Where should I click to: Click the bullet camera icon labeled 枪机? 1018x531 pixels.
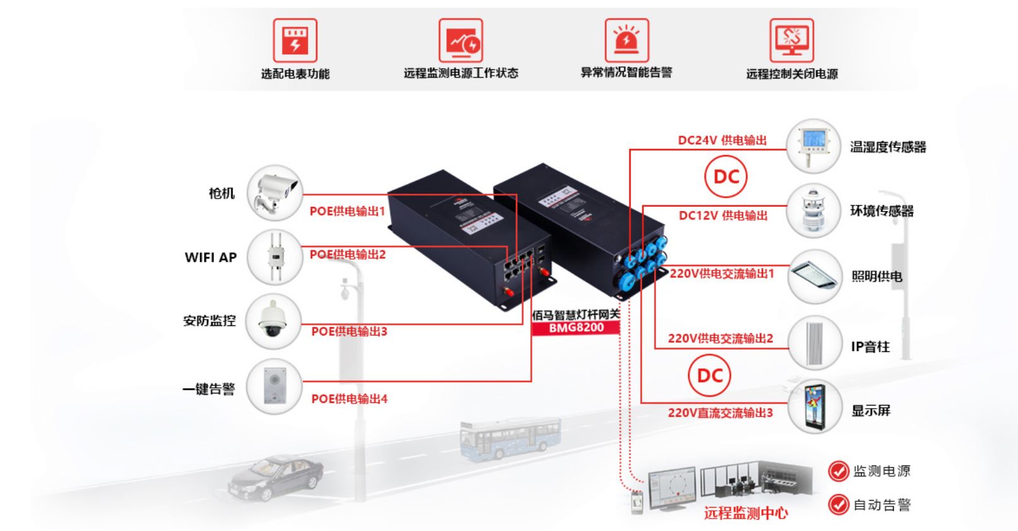274,192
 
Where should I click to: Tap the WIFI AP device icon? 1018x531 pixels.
274,257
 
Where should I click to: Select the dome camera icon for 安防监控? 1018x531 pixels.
272,321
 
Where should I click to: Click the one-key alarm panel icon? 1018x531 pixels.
274,386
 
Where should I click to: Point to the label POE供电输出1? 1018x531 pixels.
347,211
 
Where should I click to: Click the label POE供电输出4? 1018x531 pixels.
349,399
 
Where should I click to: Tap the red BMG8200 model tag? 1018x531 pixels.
575,328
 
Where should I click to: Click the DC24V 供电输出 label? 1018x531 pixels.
722,141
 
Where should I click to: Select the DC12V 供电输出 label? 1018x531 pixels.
723,216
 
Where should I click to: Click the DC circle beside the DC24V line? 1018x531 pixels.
725,177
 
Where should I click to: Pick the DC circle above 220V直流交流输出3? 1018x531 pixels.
709,376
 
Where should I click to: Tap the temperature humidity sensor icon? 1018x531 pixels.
814,146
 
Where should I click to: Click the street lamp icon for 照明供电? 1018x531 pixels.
814,276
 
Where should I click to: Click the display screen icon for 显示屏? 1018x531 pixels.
814,407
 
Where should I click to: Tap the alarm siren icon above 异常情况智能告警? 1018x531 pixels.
626,40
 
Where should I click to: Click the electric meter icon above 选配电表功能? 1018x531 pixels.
295,40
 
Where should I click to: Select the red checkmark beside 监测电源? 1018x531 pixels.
838,470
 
